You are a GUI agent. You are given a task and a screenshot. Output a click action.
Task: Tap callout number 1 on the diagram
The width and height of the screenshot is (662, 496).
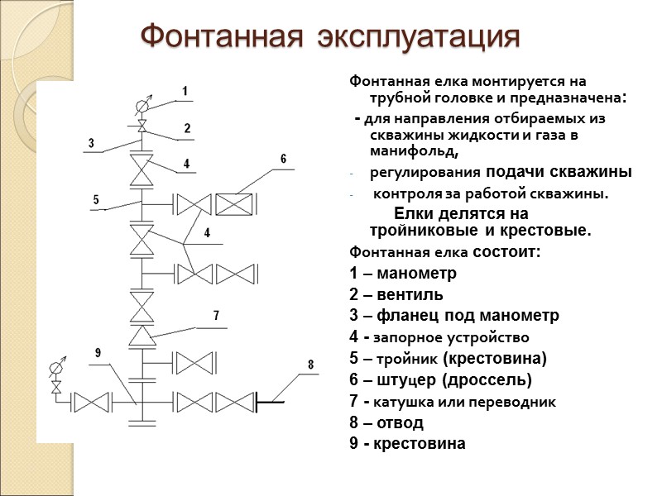pos(185,90)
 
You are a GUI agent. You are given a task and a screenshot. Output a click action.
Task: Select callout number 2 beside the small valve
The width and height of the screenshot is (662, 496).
pos(187,128)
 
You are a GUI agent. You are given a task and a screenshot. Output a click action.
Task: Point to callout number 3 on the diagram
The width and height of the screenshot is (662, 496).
pos(91,143)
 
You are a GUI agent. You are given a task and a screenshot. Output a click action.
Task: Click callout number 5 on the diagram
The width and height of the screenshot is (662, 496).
pos(96,199)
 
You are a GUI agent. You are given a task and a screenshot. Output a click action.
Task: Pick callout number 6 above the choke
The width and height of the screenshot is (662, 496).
pos(283,159)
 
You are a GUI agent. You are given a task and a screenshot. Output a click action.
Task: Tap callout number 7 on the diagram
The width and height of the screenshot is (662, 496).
pos(216,316)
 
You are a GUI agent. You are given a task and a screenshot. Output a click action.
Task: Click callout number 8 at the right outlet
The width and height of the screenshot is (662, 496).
pos(310,364)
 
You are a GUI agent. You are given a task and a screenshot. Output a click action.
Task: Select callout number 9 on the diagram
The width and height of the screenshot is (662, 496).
pos(98,354)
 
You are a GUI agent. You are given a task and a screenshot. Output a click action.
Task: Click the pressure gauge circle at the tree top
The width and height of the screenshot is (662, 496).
pos(142,106)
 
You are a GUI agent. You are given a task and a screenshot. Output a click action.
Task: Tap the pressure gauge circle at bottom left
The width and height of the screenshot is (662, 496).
pos(56,368)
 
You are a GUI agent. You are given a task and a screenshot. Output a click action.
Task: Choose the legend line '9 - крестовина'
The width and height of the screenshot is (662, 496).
pos(408,444)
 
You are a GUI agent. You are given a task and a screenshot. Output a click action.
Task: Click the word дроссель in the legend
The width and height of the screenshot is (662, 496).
pos(486,380)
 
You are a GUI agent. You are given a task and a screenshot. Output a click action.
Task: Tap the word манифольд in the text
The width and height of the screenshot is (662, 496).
pos(414,152)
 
